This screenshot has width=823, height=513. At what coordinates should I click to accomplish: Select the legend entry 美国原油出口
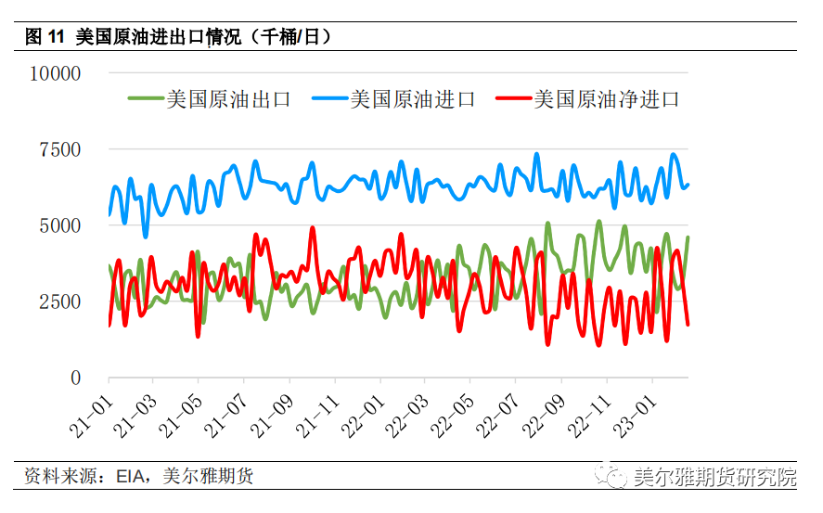click(x=228, y=98)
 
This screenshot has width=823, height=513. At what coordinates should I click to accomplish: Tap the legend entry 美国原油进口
click(x=413, y=98)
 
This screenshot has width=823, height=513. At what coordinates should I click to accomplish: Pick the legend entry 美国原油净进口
click(x=606, y=98)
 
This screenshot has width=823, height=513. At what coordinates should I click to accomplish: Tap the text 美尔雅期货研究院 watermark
click(x=714, y=478)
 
